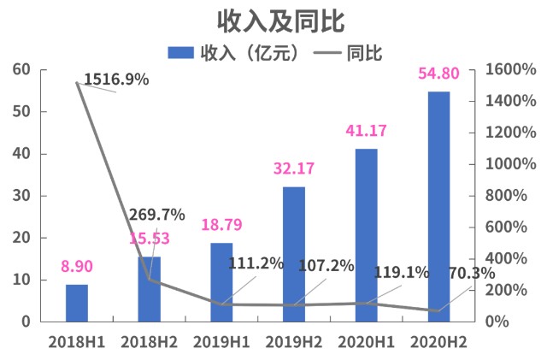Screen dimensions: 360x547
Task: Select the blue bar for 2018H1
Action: pyautogui.click(x=77, y=303)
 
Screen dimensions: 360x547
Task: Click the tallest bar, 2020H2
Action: pyautogui.click(x=438, y=206)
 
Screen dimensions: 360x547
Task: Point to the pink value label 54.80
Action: pyautogui.click(x=438, y=74)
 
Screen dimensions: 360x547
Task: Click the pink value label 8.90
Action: pyautogui.click(x=77, y=267)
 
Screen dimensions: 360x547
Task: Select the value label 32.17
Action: pyautogui.click(x=294, y=169)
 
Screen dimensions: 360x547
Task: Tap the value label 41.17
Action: pyautogui.click(x=367, y=132)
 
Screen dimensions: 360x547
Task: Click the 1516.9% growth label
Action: pyautogui.click(x=116, y=80)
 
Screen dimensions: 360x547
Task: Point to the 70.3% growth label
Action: pyautogui.click(x=472, y=274)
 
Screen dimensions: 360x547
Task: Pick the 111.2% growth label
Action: pyautogui.click(x=256, y=263)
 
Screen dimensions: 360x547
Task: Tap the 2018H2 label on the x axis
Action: pyautogui.click(x=149, y=341)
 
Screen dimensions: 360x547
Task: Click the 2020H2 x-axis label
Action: pyautogui.click(x=438, y=341)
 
